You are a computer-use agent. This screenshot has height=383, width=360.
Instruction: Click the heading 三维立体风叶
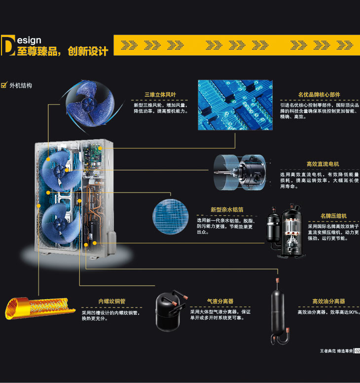pos(160,95)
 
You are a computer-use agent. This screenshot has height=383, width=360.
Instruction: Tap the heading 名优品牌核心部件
pos(319,95)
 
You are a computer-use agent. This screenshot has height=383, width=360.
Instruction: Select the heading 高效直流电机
pos(323,164)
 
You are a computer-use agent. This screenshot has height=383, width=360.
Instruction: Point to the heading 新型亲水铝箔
pos(227,210)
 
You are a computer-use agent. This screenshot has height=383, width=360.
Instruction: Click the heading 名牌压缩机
pos(333,216)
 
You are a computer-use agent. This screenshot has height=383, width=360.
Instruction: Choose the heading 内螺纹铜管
pos(112,301)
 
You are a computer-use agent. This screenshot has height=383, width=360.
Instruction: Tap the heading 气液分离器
pos(220,301)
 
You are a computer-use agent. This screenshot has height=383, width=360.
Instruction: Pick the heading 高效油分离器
pos(328,301)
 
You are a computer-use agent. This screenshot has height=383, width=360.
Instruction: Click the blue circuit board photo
pos(235,105)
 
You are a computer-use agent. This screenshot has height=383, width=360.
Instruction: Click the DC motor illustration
pos(240,172)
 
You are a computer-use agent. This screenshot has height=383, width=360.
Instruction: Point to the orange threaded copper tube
pos(40,307)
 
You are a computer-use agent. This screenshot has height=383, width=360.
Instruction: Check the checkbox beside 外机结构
pos(4,85)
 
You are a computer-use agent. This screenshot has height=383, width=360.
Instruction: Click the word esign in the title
pos(29,40)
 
